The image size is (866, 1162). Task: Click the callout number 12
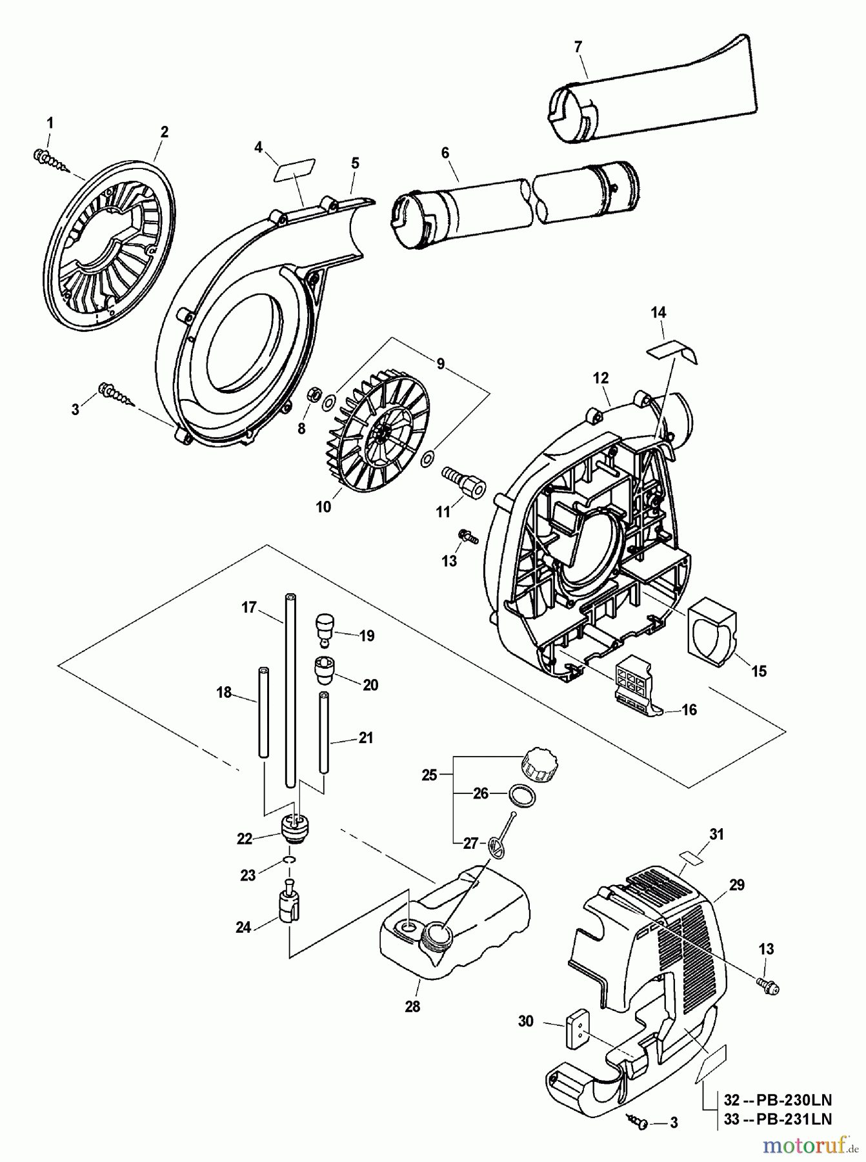tap(601, 378)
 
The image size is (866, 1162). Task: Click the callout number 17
tap(249, 607)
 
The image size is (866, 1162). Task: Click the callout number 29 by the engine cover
tap(738, 884)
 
